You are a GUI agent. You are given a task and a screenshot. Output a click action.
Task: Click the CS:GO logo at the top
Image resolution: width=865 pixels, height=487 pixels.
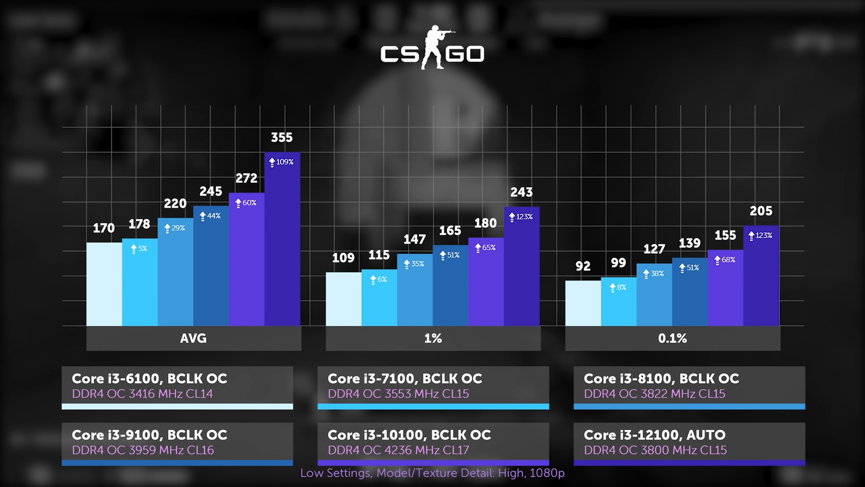432,50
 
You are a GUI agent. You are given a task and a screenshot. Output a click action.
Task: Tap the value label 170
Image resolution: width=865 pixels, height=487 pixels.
104,228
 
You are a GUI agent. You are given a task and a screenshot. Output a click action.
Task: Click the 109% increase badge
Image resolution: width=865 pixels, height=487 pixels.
282,162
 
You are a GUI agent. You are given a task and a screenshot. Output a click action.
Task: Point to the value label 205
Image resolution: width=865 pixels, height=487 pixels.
761,211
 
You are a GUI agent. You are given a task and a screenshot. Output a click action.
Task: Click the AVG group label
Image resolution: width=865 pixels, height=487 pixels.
194,339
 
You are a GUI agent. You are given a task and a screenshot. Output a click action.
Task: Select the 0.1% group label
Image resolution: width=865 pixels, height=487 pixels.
673,339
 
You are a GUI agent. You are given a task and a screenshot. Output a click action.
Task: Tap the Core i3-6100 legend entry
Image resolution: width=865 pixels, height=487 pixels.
177,386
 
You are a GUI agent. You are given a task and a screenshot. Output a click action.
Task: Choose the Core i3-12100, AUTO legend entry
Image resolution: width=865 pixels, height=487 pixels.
689,443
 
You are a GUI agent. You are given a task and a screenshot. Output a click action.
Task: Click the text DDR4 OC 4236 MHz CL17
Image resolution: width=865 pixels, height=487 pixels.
398,450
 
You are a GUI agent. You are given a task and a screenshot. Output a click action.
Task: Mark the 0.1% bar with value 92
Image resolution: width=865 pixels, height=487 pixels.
583,303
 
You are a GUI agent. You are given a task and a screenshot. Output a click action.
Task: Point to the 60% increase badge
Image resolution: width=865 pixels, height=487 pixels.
246,203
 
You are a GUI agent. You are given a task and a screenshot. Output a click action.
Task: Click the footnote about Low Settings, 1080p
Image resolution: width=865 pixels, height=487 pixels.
432,473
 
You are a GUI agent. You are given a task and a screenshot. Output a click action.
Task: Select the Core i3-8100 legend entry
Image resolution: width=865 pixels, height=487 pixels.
689,386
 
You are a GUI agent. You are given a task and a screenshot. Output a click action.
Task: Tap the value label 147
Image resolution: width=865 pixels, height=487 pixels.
415,240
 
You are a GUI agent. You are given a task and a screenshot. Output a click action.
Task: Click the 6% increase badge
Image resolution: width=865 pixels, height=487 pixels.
378,280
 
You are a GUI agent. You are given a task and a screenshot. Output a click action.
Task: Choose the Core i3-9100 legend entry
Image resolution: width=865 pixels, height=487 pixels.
177,443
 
